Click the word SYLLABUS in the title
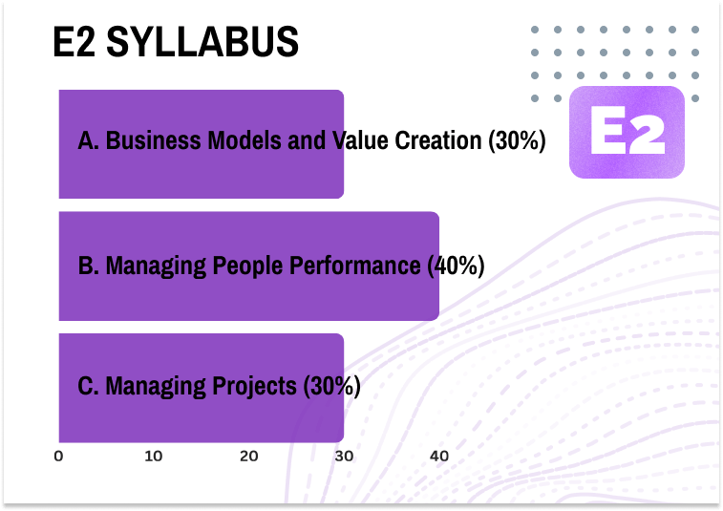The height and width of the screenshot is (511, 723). (203, 41)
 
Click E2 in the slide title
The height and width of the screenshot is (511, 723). (74, 41)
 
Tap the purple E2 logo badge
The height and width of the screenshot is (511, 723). (627, 133)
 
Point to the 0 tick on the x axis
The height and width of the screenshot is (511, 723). (59, 457)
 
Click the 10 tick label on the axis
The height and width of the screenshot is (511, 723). (153, 457)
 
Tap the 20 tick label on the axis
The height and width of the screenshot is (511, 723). (248, 457)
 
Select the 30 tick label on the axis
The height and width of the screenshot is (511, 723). (344, 457)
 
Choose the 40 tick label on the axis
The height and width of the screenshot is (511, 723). (439, 457)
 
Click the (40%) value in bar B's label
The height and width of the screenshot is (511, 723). (454, 265)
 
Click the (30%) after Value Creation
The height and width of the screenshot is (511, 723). (516, 141)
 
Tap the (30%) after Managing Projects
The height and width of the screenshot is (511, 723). (330, 387)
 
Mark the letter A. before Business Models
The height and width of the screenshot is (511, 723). (89, 141)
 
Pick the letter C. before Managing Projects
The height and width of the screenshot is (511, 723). (89, 387)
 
